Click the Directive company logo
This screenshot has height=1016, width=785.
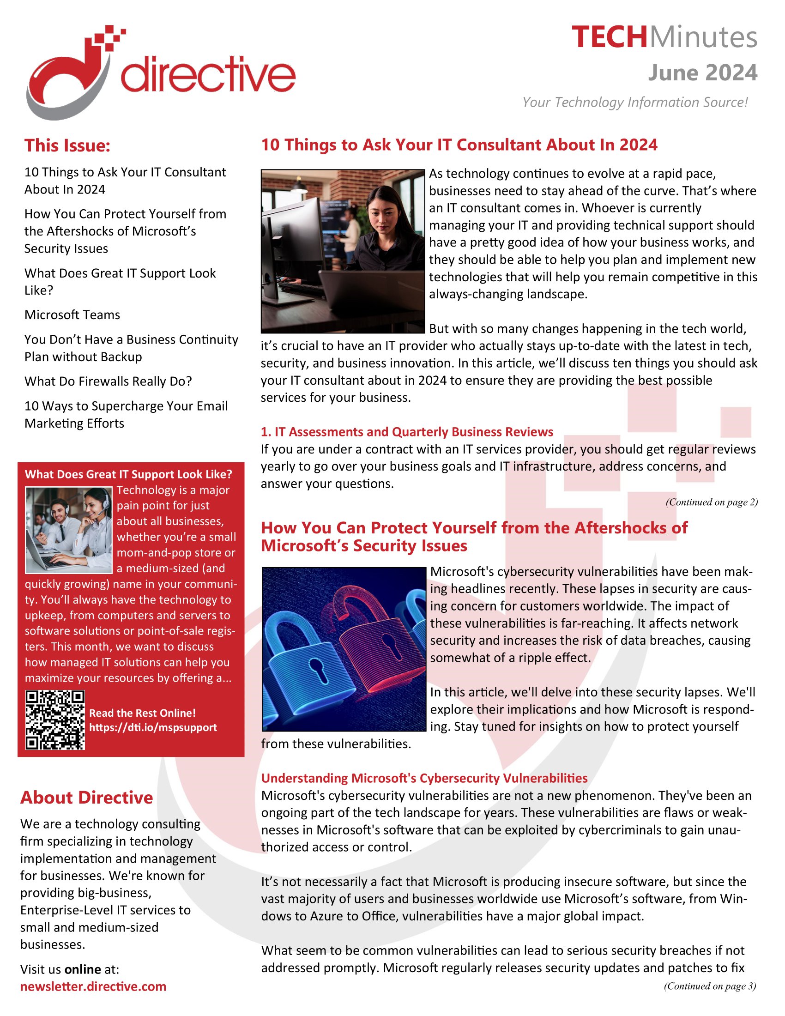[160, 72]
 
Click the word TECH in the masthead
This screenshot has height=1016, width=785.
[609, 37]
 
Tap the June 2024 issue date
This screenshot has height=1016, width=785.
[702, 73]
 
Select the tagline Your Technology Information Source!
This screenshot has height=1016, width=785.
[635, 103]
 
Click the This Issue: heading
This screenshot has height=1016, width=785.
[67, 145]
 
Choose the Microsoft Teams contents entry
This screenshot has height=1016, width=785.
[72, 315]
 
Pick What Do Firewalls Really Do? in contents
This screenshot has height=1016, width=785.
[108, 381]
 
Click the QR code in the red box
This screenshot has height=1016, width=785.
[55, 720]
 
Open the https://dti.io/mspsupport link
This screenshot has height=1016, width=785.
[153, 727]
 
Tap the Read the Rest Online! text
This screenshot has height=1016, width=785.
[142, 713]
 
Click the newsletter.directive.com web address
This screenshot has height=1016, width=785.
[93, 987]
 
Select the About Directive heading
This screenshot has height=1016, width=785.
[86, 798]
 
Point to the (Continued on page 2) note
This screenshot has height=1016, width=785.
[711, 502]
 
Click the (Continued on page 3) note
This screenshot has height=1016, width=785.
[710, 986]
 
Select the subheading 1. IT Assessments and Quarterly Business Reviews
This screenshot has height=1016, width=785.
[407, 432]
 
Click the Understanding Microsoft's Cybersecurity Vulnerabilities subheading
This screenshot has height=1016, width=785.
[424, 778]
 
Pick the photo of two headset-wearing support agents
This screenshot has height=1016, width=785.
[69, 530]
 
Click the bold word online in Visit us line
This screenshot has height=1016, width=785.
[83, 969]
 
